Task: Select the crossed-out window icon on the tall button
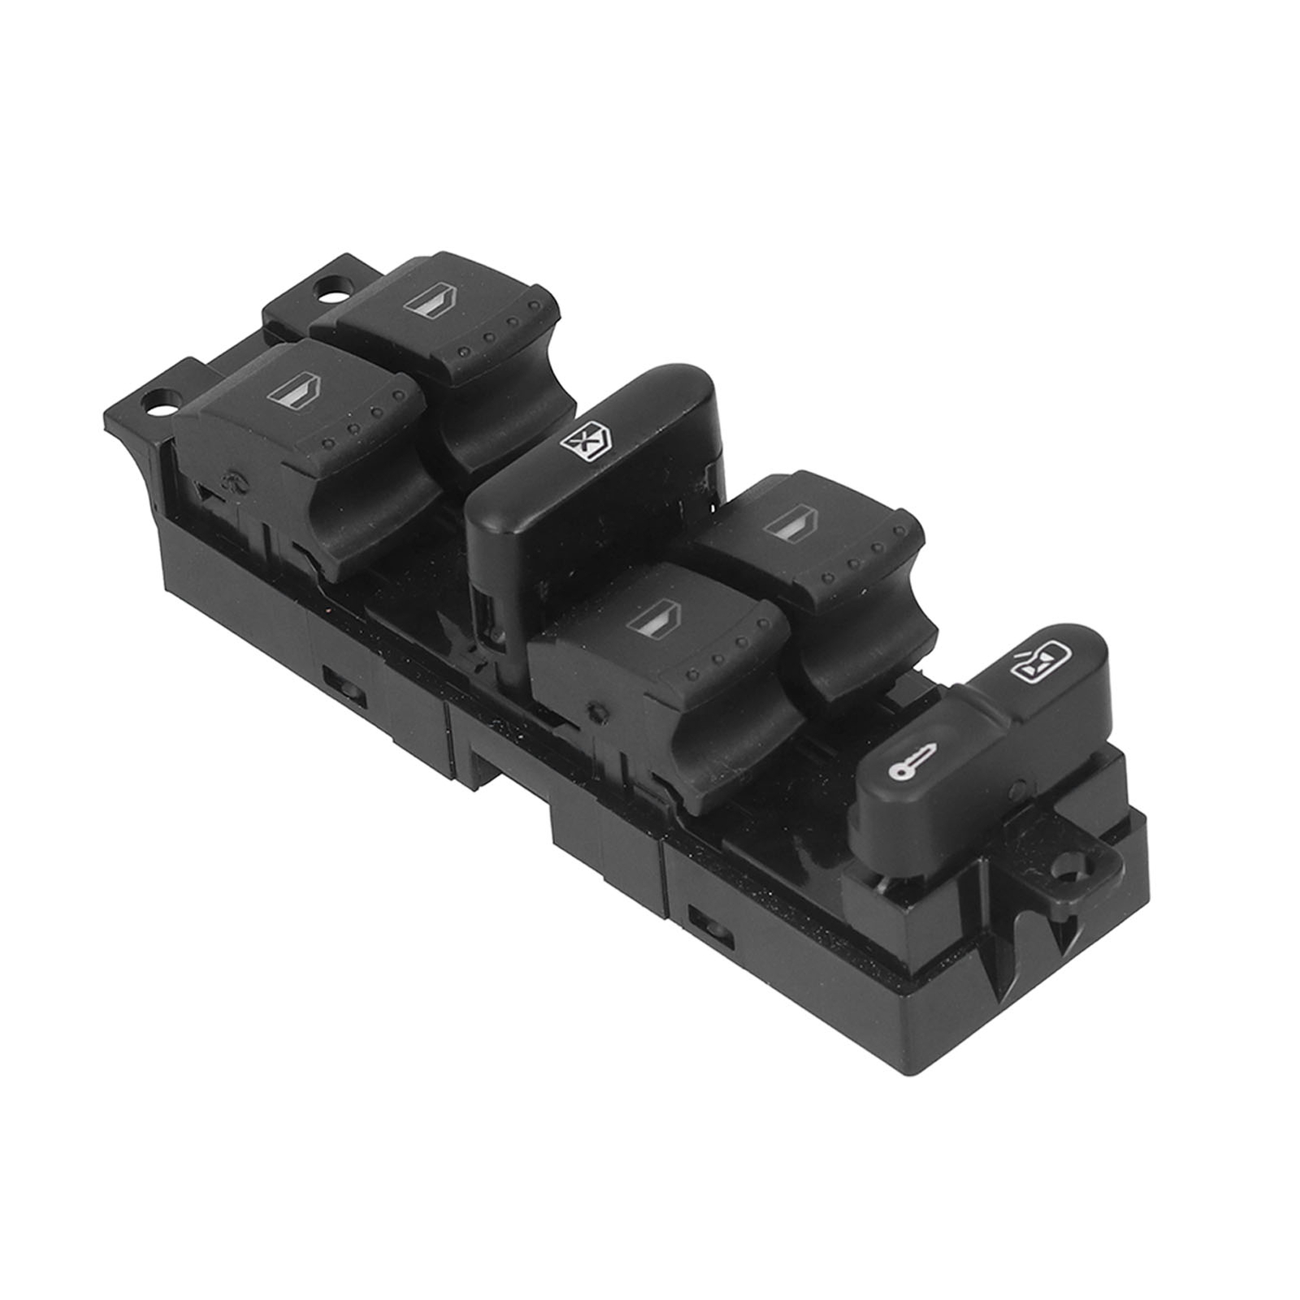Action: coord(579,444)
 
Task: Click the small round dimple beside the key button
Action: coord(1020,786)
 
